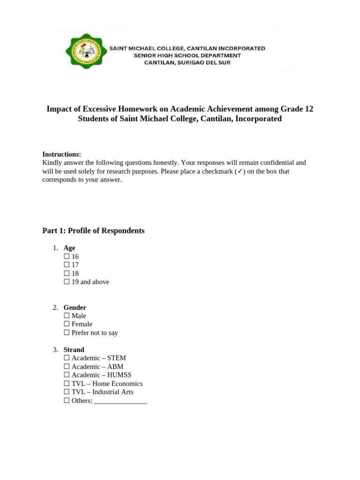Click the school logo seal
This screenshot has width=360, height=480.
tap(85, 52)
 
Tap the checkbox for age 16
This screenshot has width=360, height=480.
tap(66, 257)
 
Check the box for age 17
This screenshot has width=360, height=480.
tap(66, 265)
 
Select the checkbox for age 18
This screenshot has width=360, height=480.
tap(66, 274)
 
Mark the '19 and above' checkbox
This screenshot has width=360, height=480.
tap(66, 282)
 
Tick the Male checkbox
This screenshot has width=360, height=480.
tap(66, 316)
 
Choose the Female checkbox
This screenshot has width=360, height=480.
tap(66, 324)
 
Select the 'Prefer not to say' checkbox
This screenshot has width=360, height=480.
tap(66, 333)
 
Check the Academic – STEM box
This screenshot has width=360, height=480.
tap(66, 358)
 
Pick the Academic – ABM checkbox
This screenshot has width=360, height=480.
tap(66, 367)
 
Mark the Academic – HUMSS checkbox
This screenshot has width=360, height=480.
tap(66, 375)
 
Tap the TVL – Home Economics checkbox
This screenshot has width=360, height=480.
tap(66, 383)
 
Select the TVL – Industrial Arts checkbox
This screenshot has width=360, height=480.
tap(66, 392)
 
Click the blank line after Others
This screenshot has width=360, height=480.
tap(120, 402)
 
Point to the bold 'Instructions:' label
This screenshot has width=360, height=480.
tap(62, 154)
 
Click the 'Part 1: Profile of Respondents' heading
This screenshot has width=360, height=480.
tap(93, 231)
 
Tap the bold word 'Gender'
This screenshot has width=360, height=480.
tap(75, 307)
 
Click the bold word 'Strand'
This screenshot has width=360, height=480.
tap(74, 350)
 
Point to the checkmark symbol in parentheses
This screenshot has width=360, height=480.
tap(239, 172)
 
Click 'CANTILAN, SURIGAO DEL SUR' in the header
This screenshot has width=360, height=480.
tap(187, 62)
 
